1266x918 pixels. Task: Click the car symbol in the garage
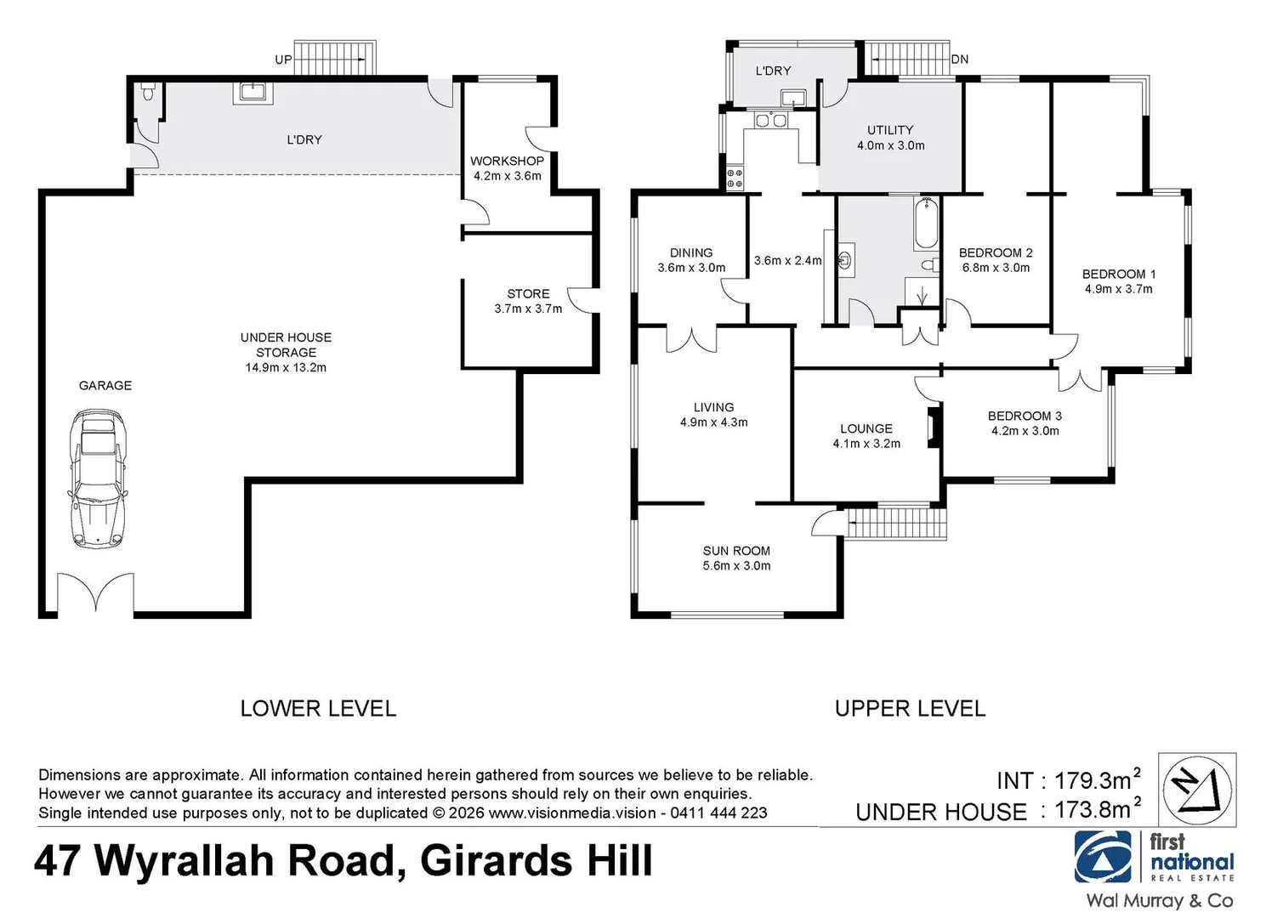coord(99,478)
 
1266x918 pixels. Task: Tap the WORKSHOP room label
coord(507,161)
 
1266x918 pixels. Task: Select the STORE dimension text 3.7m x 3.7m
coord(528,309)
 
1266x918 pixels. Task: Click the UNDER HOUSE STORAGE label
coord(286,344)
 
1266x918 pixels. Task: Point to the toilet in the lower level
coord(148,92)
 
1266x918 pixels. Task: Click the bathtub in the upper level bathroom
coord(926,223)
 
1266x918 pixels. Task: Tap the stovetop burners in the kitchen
coord(735,178)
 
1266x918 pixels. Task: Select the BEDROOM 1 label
coord(1118,274)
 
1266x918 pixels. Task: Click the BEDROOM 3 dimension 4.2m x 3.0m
coord(1025,431)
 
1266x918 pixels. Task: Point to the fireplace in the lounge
coord(934,428)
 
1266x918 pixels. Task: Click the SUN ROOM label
coord(736,551)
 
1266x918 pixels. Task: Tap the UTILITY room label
coord(890,130)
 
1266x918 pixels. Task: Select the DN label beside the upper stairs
coord(960,59)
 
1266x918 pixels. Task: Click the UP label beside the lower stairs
coord(283,59)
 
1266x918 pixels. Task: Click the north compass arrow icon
coord(1197,788)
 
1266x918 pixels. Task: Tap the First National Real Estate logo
coord(1154,858)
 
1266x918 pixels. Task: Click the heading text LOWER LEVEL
coord(318,708)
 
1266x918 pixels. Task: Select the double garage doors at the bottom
coord(95,593)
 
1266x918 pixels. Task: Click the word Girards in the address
coord(497,861)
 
